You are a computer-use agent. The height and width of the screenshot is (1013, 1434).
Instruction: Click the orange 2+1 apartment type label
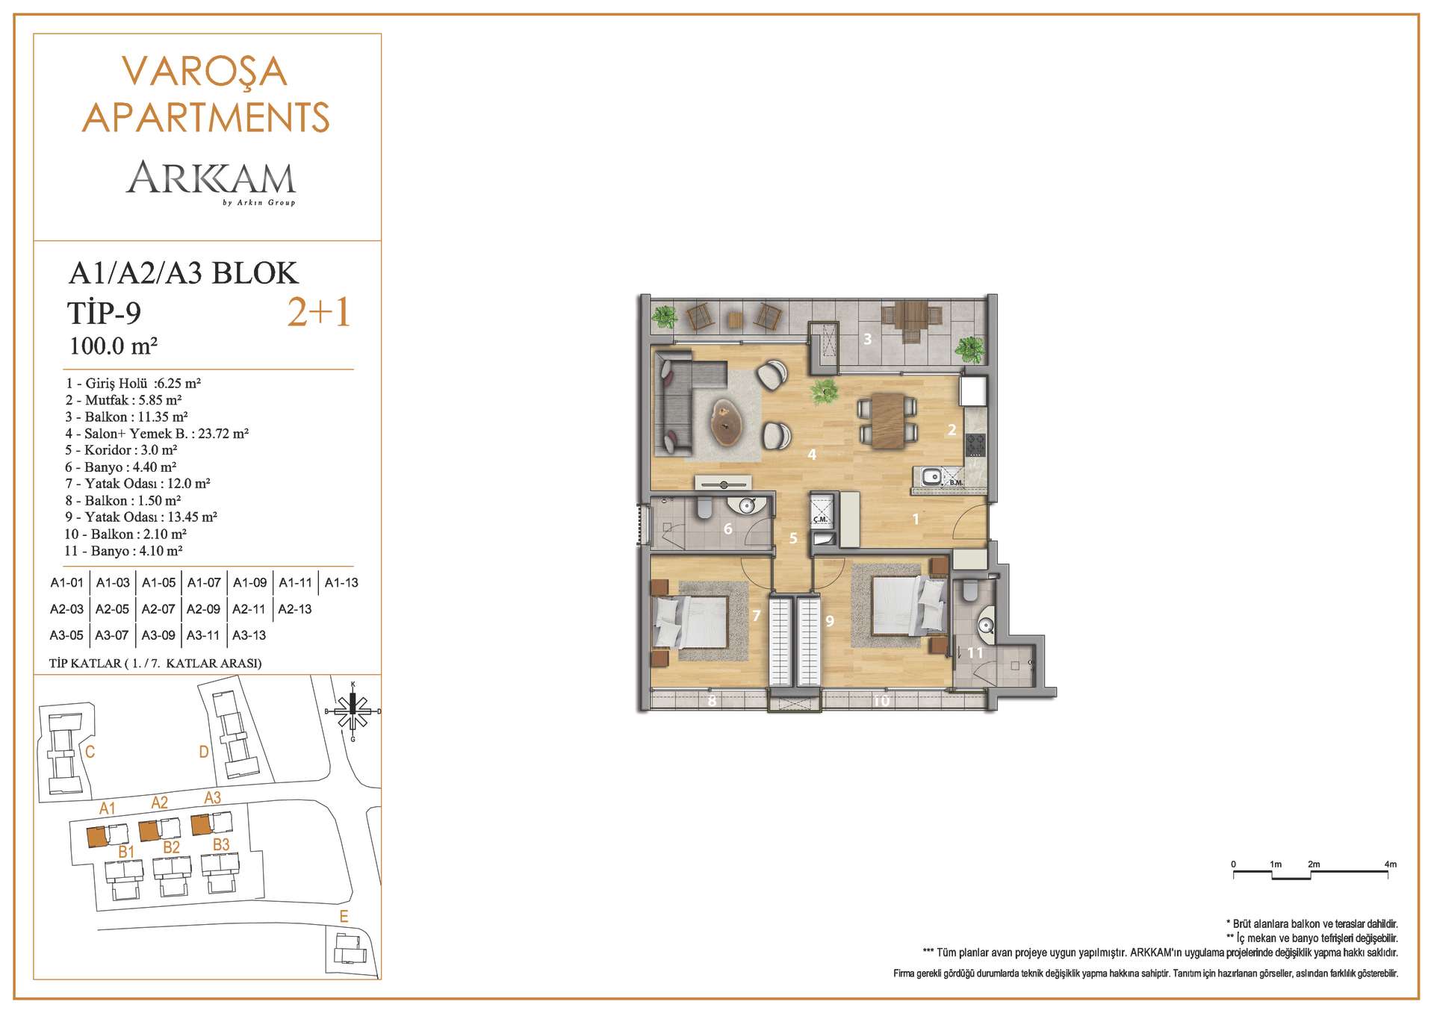(x=319, y=313)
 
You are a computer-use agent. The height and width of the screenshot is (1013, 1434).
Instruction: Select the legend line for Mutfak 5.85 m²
(x=124, y=400)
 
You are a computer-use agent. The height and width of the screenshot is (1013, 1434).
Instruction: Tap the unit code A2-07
(x=158, y=609)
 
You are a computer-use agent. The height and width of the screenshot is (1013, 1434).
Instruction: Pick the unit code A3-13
(x=249, y=635)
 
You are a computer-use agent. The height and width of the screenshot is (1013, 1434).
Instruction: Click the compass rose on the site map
(x=353, y=711)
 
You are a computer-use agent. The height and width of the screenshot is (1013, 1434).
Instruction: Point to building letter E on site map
(x=344, y=917)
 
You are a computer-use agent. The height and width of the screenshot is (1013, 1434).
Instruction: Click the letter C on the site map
(x=90, y=752)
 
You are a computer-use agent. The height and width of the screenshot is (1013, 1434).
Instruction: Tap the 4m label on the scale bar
(x=1390, y=864)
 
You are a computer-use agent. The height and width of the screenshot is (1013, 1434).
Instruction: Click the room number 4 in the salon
(x=812, y=455)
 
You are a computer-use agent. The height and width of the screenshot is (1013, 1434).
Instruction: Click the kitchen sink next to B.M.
(x=931, y=476)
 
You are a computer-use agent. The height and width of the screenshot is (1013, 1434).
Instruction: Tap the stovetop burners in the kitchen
(x=975, y=446)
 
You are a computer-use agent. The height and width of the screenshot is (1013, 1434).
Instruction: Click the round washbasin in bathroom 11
(x=984, y=624)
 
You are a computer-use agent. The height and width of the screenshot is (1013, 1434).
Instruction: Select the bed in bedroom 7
(x=690, y=623)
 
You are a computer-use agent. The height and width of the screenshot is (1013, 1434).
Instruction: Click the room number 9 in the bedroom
(x=830, y=620)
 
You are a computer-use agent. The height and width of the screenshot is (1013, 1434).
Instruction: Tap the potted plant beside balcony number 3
(x=969, y=347)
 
